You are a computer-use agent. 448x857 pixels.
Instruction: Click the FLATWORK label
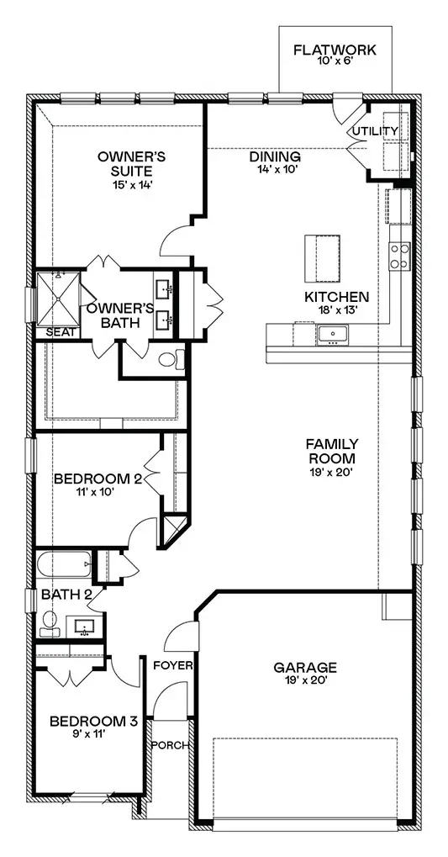point(335,50)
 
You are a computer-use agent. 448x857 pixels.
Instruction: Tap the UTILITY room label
point(375,131)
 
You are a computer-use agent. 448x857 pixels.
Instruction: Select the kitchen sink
point(332,335)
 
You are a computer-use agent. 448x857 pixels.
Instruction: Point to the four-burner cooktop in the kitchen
point(399,256)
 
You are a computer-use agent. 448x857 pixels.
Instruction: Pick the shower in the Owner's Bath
point(59,299)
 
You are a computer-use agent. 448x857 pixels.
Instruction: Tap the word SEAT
point(57,332)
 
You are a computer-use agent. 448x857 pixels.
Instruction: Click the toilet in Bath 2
point(50,625)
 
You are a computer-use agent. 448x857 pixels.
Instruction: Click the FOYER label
point(172,665)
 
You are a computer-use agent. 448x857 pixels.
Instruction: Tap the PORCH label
point(170,745)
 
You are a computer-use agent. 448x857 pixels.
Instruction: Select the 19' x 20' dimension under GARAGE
point(305,680)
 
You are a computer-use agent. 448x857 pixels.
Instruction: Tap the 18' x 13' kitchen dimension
point(336,309)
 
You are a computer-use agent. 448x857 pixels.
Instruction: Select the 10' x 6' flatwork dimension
point(335,61)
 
